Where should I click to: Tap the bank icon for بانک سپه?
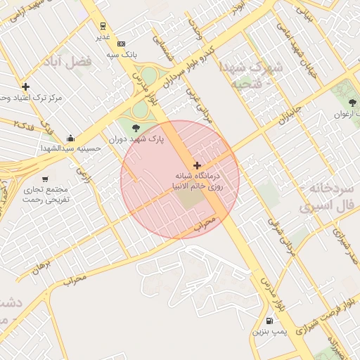click(121, 43)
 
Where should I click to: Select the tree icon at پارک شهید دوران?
click(136, 127)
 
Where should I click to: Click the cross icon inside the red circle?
click(196, 165)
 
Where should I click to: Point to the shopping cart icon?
click(46, 179)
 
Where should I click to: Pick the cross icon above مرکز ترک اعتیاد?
click(26, 87)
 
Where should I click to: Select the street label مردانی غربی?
click(199, 106)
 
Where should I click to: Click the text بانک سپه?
click(122, 53)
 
